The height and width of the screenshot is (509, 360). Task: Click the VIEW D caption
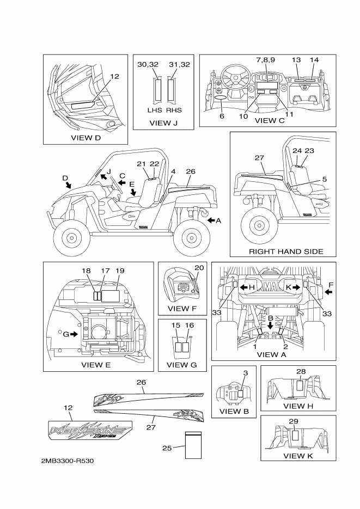[x=86, y=138]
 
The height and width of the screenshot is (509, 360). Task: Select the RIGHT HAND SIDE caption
[x=285, y=252]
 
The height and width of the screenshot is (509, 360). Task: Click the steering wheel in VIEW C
[x=236, y=81]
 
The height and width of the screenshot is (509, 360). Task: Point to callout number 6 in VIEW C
[x=222, y=116]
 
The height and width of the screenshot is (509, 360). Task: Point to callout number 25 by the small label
[x=167, y=448]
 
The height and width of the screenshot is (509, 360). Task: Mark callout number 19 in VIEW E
[x=120, y=271]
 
